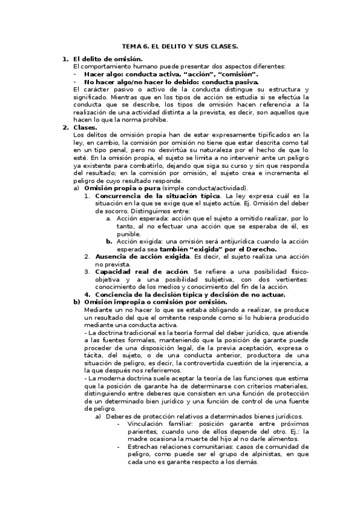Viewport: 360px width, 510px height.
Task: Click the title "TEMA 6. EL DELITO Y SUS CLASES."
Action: [x=180, y=46]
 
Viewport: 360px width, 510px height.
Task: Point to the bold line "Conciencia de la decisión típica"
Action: [x=154, y=295]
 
